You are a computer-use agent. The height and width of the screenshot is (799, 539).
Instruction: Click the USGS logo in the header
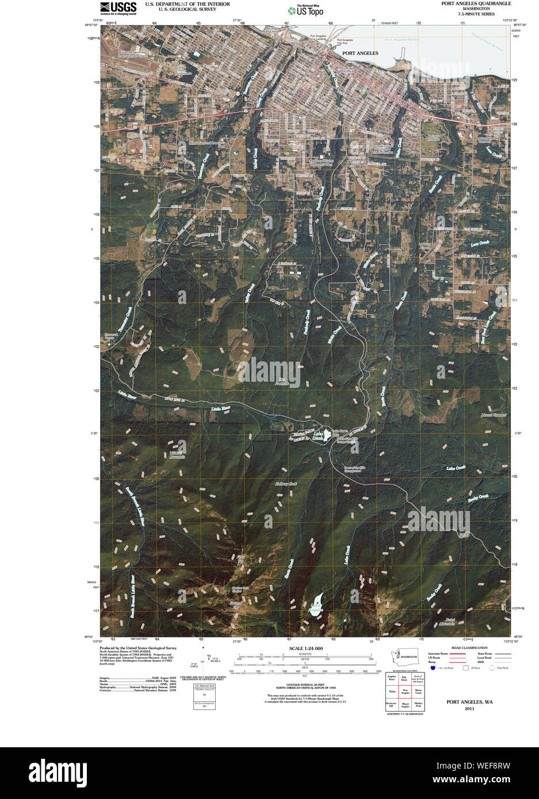(x=118, y=7)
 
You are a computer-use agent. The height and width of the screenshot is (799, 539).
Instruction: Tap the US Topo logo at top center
(x=305, y=10)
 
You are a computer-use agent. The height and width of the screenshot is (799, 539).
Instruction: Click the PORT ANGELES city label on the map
(x=360, y=53)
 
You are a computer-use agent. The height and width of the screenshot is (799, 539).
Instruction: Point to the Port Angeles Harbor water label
(x=403, y=40)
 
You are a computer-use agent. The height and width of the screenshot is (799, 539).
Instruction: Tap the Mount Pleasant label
(x=494, y=415)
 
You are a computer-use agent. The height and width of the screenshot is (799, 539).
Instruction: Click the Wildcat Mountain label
(x=177, y=454)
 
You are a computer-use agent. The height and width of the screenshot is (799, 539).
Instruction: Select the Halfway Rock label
(x=285, y=484)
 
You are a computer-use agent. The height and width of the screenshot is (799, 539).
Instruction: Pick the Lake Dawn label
(x=319, y=435)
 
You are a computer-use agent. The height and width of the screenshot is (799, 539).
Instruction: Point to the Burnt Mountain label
(x=442, y=621)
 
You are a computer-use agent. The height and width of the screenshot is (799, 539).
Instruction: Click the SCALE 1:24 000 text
(x=306, y=648)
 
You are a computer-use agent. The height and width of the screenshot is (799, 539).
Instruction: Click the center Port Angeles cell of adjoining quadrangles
(x=406, y=692)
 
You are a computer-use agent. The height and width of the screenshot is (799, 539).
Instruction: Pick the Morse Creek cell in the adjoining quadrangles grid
(x=418, y=692)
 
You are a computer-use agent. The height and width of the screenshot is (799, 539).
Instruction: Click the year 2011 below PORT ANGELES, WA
(x=469, y=709)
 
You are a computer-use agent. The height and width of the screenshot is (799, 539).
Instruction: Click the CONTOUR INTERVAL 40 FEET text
(x=306, y=683)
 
